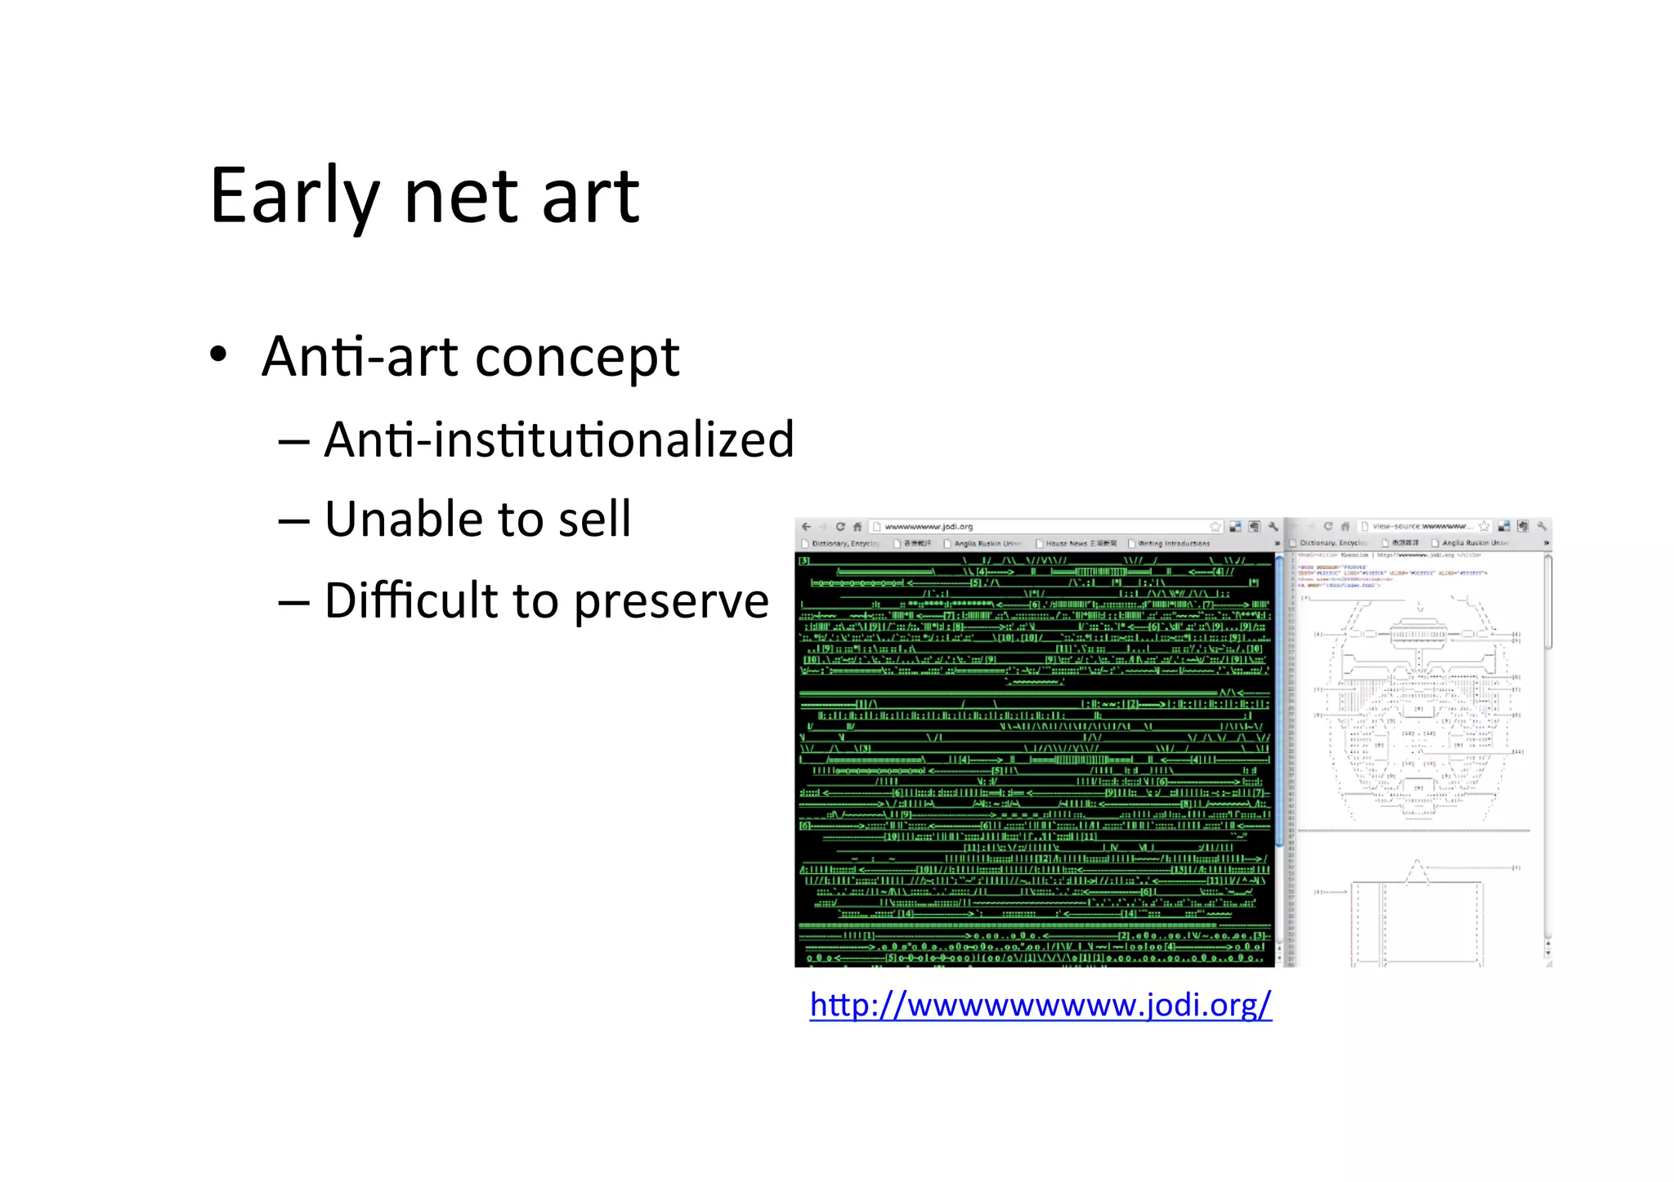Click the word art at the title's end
pos(590,197)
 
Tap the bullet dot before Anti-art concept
pos(218,355)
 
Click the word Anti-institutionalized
pos(559,439)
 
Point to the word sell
pos(594,519)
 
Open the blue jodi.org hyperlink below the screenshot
pos(1040,1004)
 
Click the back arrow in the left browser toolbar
pos(806,527)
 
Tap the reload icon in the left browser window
pos(840,527)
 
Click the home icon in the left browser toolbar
pos(857,527)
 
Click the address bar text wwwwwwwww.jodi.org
pos(929,527)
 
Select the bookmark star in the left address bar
pos(1215,527)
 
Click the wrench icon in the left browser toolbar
pos(1273,527)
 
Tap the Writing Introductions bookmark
pos(1174,543)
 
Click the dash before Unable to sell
pos(293,520)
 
